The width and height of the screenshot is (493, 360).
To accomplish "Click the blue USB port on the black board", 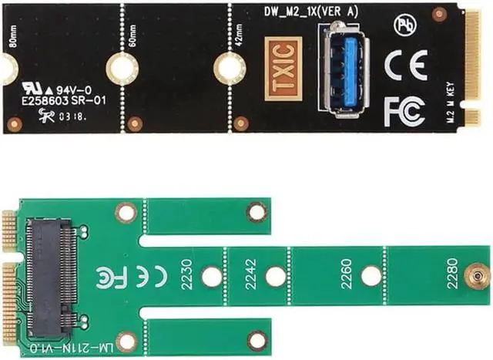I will click(x=344, y=66).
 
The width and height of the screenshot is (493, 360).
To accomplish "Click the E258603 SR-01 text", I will click(x=71, y=99).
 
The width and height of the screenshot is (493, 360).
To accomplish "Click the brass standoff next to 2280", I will click(x=477, y=275).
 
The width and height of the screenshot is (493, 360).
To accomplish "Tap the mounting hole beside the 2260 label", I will click(x=372, y=275).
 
